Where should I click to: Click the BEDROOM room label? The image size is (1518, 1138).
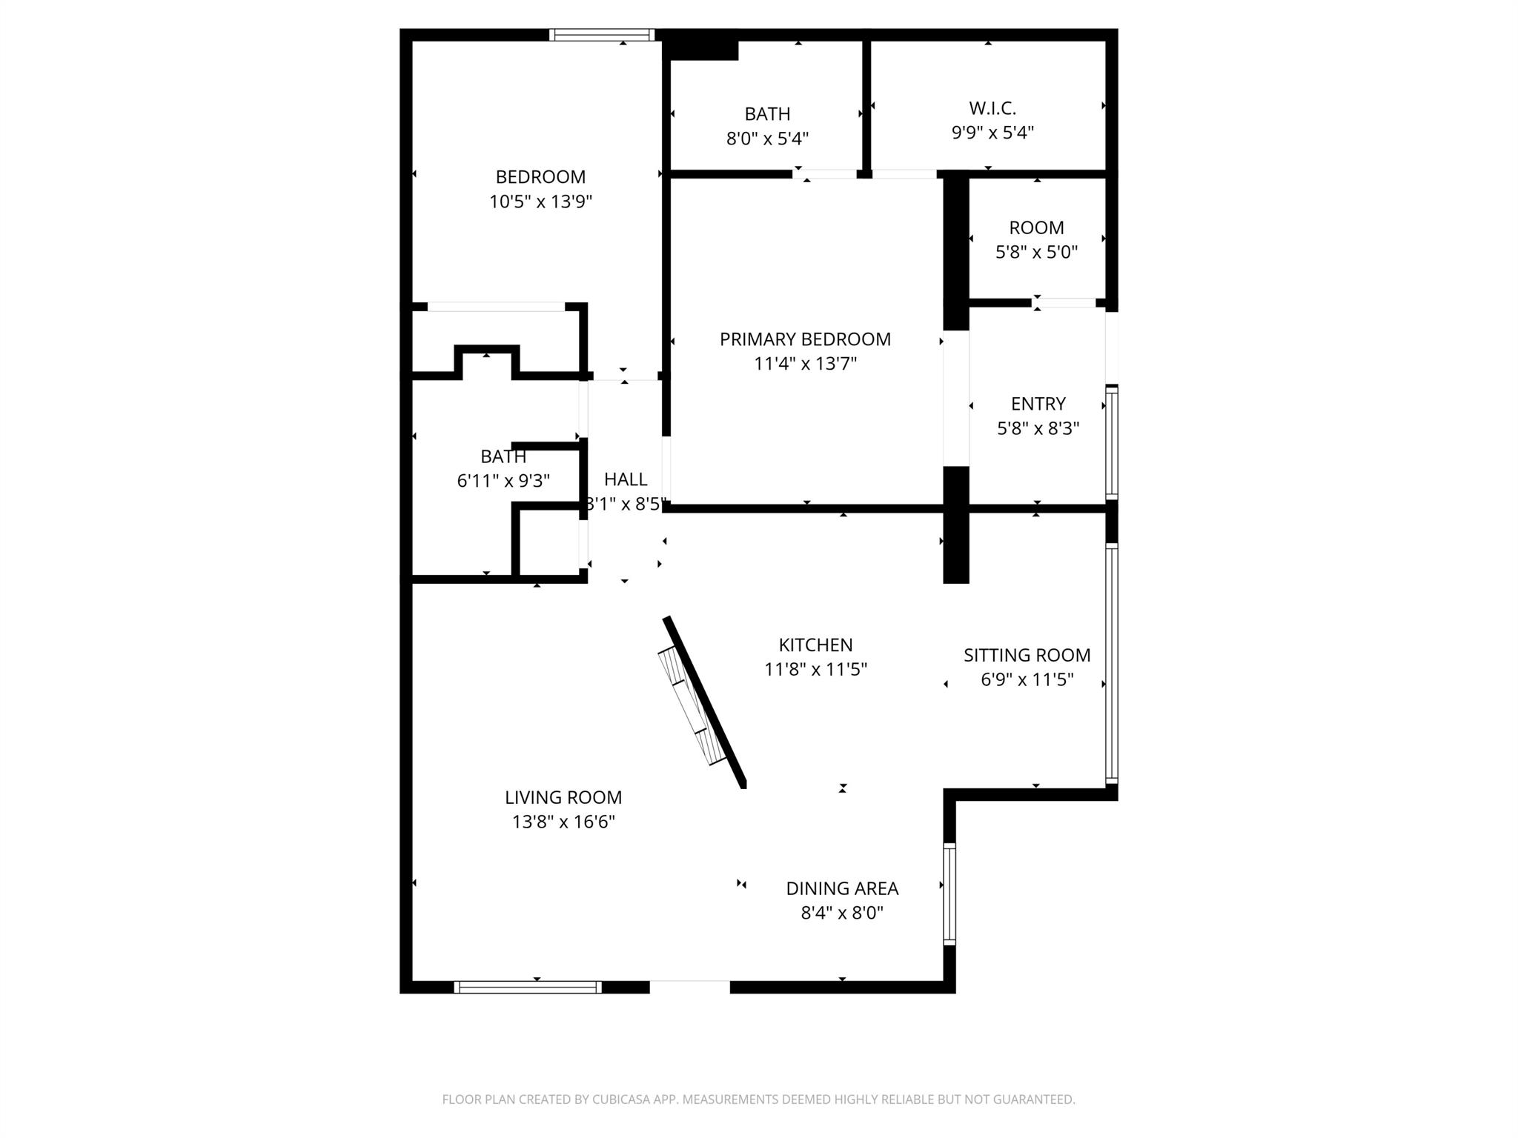click(x=540, y=177)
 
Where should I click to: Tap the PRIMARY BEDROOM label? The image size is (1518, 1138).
click(x=805, y=339)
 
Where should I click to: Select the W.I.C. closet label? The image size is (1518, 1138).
click(x=992, y=108)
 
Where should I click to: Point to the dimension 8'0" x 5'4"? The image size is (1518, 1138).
click(x=767, y=139)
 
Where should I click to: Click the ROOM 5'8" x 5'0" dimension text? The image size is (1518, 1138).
click(x=1036, y=252)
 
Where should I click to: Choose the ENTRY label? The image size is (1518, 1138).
click(x=1038, y=404)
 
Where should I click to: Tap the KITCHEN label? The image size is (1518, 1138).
click(x=815, y=645)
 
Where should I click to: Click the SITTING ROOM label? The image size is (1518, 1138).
click(x=1027, y=655)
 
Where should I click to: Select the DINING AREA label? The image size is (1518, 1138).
click(x=842, y=888)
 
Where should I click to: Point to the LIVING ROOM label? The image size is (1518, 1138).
click(x=563, y=797)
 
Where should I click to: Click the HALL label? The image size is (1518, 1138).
click(x=626, y=479)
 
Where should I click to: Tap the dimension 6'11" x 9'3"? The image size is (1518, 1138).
click(x=503, y=482)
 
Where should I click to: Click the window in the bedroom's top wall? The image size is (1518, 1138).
click(x=602, y=35)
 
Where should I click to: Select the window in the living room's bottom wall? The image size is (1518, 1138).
click(x=528, y=987)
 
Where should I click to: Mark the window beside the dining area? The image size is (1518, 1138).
click(x=949, y=894)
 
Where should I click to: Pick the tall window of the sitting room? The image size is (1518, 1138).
click(x=1111, y=664)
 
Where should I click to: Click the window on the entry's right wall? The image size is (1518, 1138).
click(x=1111, y=442)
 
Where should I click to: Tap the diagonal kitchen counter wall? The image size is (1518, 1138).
click(x=705, y=701)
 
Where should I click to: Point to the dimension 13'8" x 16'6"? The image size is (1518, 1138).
click(x=563, y=822)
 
